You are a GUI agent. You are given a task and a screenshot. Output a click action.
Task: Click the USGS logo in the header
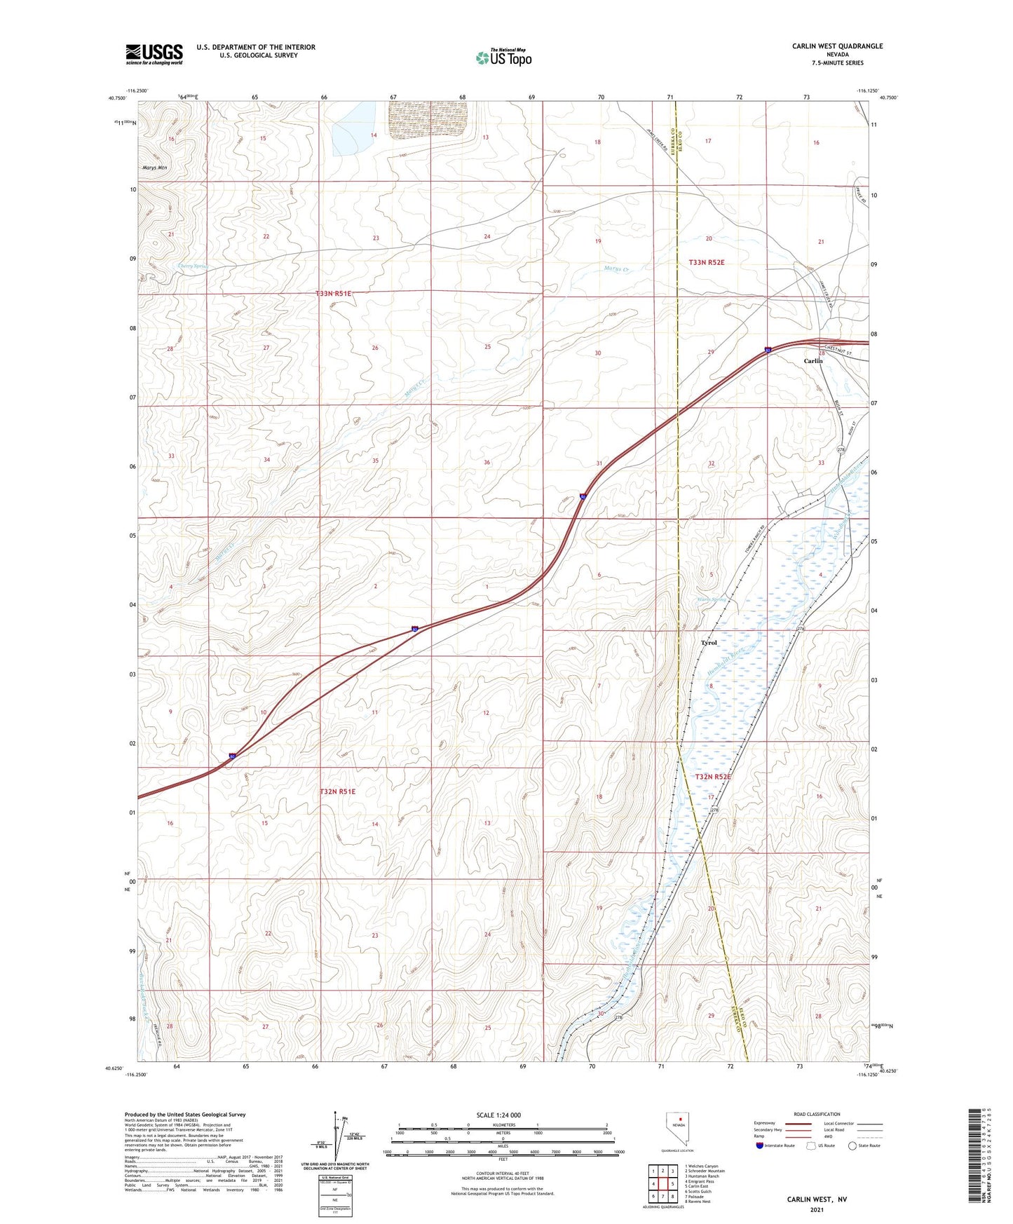tap(154, 54)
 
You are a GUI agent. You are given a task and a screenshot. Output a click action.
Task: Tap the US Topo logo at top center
tap(503, 57)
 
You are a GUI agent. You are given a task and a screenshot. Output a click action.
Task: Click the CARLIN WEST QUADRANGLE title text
tap(837, 46)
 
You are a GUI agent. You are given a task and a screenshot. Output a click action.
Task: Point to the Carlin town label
tap(813, 361)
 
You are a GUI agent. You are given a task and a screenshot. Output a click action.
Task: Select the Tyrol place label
tap(709, 643)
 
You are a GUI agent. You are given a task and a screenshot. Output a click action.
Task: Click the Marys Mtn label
tap(154, 168)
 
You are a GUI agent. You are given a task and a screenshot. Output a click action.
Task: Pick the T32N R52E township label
tap(712, 777)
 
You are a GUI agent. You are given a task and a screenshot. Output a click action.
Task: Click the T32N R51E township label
tap(337, 791)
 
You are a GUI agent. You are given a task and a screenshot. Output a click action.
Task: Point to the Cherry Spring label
tap(194, 266)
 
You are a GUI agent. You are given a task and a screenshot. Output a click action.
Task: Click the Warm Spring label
tap(712, 599)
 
